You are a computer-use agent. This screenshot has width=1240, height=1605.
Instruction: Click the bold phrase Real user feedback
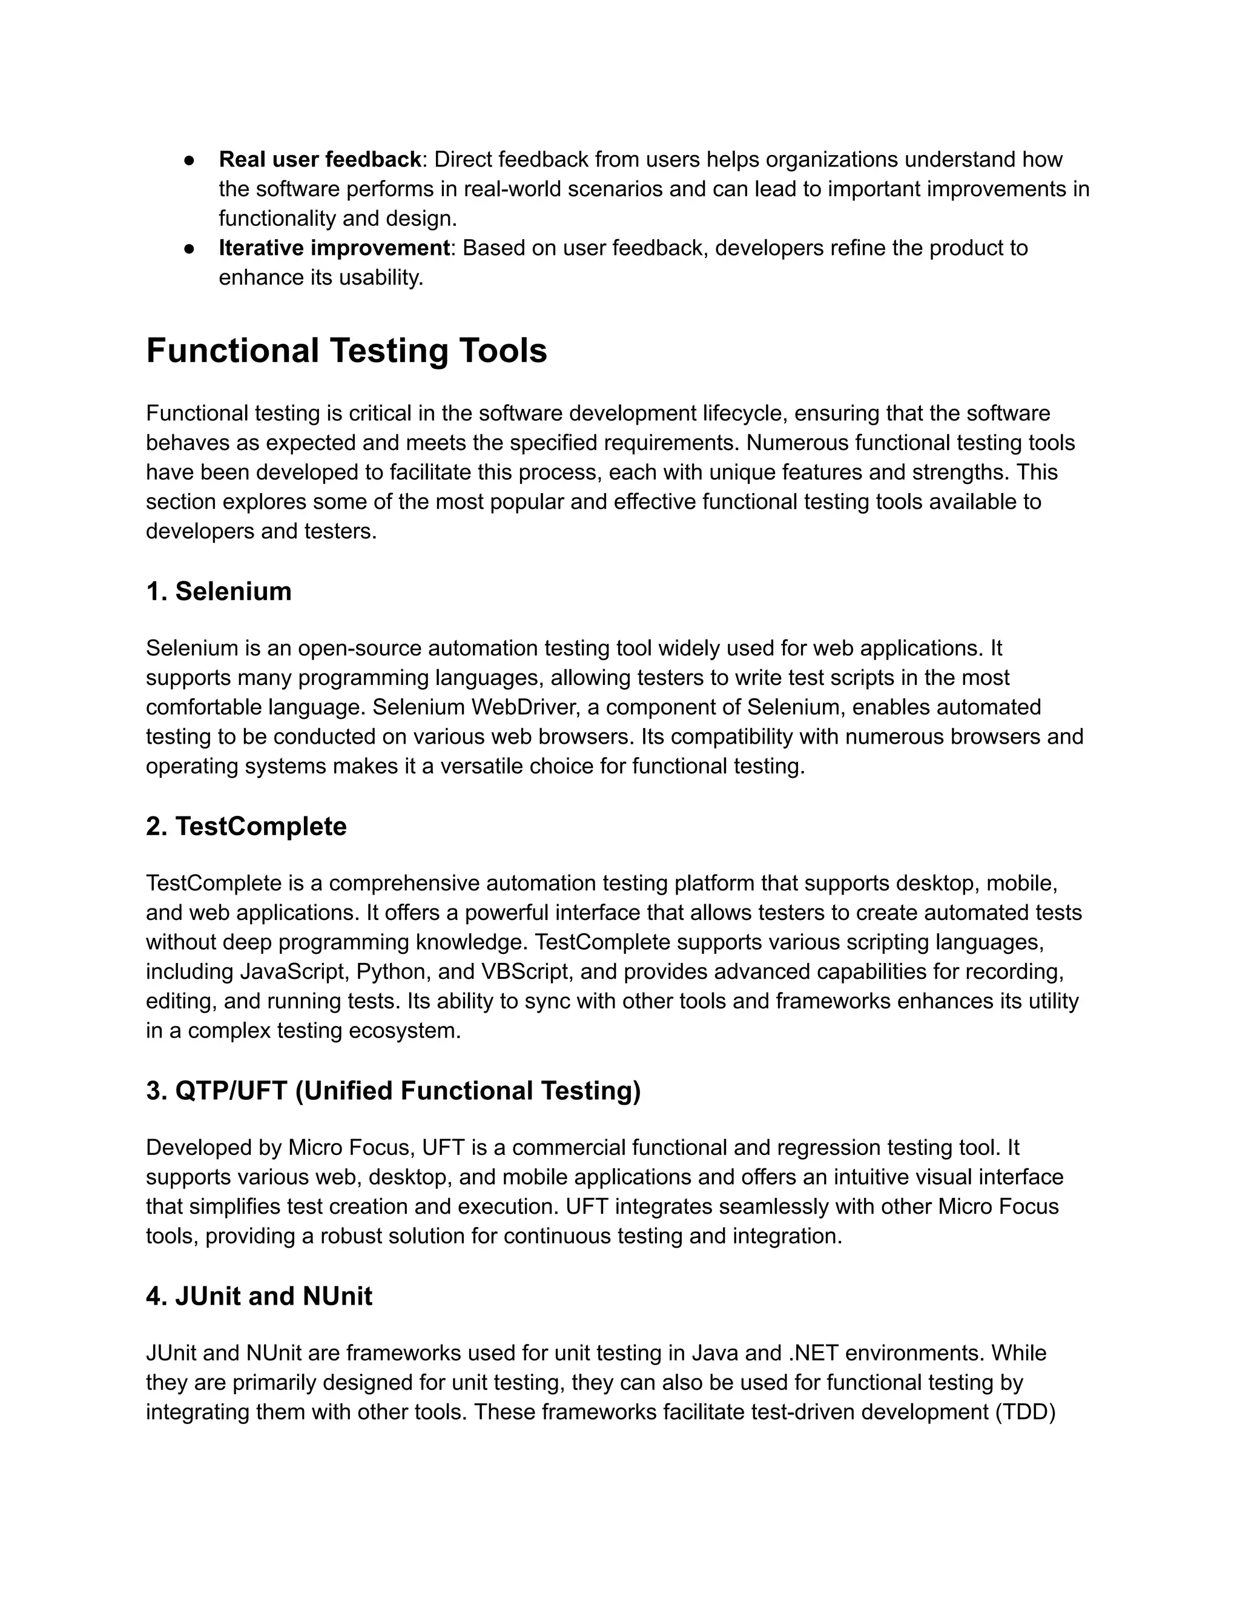(x=320, y=159)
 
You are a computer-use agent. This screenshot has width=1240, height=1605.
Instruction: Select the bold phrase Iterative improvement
(x=334, y=248)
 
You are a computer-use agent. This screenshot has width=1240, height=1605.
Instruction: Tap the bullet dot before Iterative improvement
(x=190, y=249)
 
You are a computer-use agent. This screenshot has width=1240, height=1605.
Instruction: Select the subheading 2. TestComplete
(x=245, y=827)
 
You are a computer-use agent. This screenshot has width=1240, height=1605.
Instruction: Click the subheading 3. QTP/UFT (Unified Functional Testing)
(x=393, y=1091)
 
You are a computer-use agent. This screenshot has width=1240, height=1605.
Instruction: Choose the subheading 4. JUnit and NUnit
(x=259, y=1296)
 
